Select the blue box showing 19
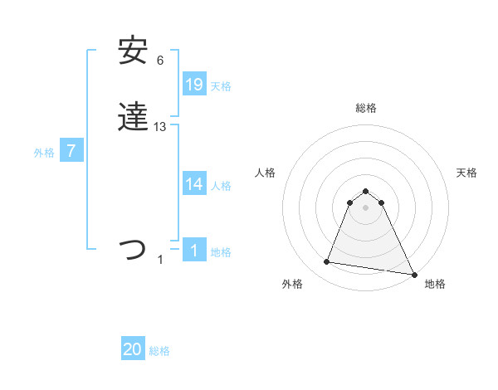pos(194,85)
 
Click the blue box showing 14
pos(194,184)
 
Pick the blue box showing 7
pos(71,151)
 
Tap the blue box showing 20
pos(133,349)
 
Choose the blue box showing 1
pos(194,251)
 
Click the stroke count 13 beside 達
pos(160,127)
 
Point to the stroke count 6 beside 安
pos(160,61)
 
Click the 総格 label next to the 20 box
pos(159,351)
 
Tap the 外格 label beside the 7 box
pos(44,153)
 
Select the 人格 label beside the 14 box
pos(221,186)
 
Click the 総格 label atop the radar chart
pos(366,108)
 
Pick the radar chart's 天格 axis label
pos(466,173)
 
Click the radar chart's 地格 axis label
pos(435,285)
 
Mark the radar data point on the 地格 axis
pos(414,275)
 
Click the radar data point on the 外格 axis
pos(327,262)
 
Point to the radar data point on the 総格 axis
pos(366,188)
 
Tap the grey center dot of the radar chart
pos(366,207)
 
